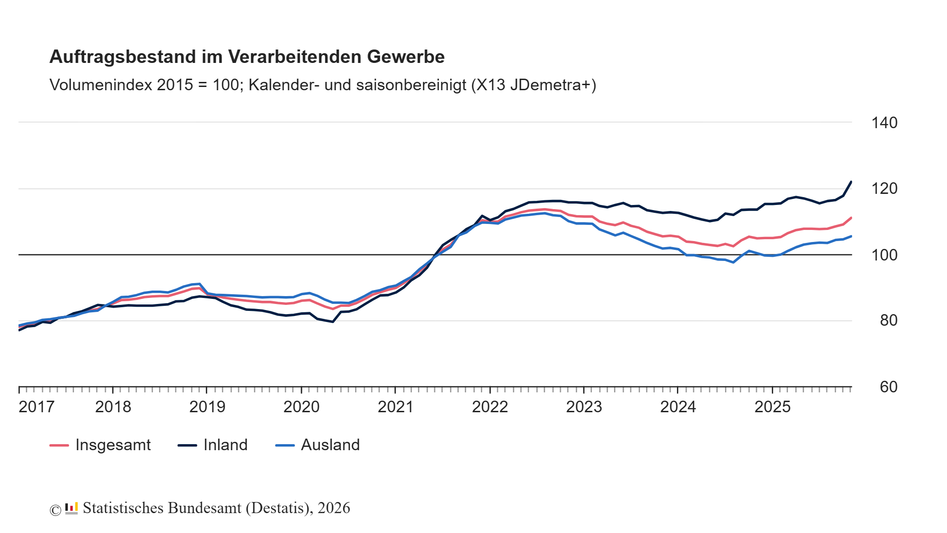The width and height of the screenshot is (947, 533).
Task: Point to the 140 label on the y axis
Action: point(884,123)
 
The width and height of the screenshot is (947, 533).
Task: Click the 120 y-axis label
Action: point(884,189)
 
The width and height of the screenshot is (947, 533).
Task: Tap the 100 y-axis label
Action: point(884,255)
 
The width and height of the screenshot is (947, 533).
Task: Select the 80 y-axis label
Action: point(888,321)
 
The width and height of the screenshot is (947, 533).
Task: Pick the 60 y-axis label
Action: point(888,387)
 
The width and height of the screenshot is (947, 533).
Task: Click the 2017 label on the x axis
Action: point(37,407)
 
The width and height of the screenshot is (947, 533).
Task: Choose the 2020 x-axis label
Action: point(301,407)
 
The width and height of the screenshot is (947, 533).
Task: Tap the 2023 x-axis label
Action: point(584,407)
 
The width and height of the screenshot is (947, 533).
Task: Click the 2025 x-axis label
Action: point(772,407)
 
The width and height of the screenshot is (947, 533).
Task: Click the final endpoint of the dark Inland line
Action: point(851,182)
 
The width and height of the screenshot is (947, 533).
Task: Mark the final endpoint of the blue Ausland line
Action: point(851,236)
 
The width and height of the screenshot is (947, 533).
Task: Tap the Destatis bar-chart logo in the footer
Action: point(71,508)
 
